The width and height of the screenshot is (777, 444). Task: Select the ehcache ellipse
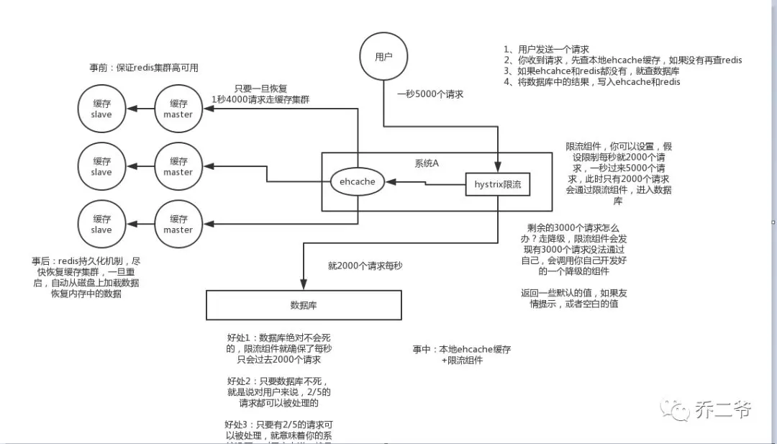coord(358,182)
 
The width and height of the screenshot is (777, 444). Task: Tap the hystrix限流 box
coord(497,185)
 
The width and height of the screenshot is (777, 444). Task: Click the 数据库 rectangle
coord(304,305)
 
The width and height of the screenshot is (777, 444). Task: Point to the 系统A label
coord(427,163)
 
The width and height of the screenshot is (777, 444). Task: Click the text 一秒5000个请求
coord(430,94)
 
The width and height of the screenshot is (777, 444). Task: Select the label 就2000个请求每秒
coord(365,266)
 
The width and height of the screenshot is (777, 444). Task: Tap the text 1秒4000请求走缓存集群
coord(260,99)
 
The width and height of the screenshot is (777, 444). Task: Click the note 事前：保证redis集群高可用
coord(144,68)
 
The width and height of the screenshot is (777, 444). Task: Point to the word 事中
coord(422,349)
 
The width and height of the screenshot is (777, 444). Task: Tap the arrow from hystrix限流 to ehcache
coord(424,184)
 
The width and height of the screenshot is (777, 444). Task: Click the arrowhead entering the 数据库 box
coord(304,286)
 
